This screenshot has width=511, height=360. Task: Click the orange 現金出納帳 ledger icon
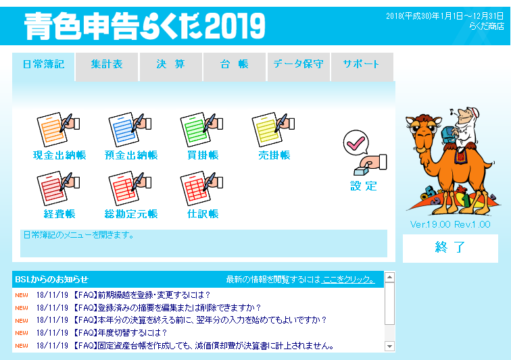click(58, 129)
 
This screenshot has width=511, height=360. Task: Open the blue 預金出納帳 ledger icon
click(130, 129)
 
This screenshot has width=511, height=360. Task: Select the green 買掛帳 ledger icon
click(201, 129)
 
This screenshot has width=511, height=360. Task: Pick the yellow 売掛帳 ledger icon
click(274, 129)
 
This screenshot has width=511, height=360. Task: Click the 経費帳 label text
click(59, 214)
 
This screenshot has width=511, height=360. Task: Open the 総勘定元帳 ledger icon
click(130, 188)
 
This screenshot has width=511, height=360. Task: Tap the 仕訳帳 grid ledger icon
click(201, 188)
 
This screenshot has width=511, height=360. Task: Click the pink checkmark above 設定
click(356, 143)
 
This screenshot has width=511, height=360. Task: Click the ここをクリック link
click(347, 280)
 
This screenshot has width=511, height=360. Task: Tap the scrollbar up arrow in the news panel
click(389, 277)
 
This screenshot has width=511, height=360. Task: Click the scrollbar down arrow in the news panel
click(389, 346)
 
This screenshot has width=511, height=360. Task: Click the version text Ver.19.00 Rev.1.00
click(450, 224)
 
